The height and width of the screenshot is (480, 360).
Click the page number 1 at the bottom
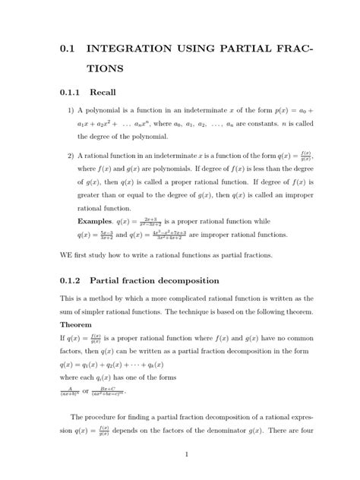click(186, 455)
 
